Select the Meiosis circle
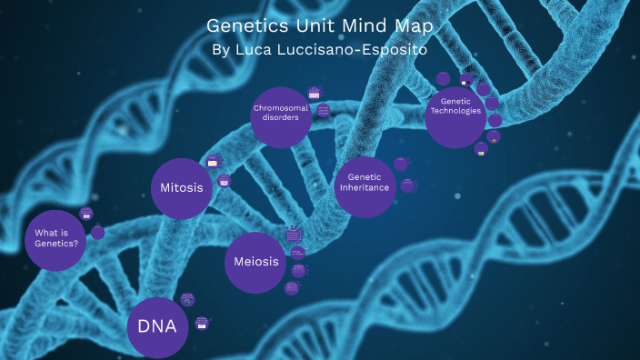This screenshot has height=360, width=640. pyautogui.click(x=255, y=262)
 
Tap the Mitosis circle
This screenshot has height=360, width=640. pyautogui.click(x=181, y=188)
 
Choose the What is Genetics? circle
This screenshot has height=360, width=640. pyautogui.click(x=56, y=238)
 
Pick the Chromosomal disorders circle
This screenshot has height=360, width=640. pyautogui.click(x=281, y=116)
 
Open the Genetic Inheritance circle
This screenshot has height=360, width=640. pyautogui.click(x=365, y=182)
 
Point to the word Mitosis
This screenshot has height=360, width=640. pyautogui.click(x=181, y=188)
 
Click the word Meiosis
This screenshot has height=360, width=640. pyautogui.click(x=255, y=262)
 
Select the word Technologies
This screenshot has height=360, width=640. pyautogui.click(x=455, y=111)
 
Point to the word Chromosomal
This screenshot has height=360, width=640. pyautogui.click(x=281, y=109)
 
